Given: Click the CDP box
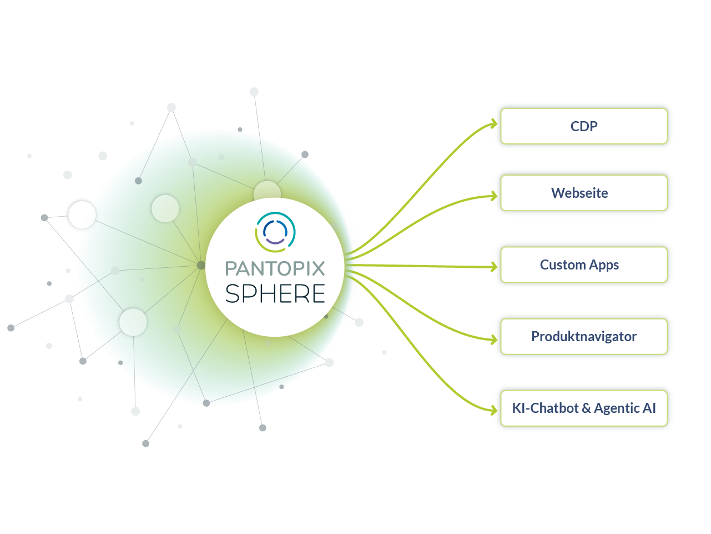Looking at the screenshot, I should (584, 126).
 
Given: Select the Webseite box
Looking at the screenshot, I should (584, 193).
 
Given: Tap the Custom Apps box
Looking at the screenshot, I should (584, 264).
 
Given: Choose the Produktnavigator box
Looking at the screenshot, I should (584, 336).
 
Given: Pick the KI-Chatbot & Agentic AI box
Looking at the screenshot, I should (584, 408).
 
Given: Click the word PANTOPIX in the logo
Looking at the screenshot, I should (275, 268).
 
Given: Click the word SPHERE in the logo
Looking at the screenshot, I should (275, 293).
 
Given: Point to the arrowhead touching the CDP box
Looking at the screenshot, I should (493, 124).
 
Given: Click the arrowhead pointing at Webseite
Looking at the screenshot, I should (493, 196).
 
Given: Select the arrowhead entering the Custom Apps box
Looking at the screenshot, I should (493, 267).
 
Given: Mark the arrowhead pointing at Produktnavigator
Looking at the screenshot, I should (493, 340).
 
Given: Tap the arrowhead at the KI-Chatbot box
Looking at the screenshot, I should (493, 411).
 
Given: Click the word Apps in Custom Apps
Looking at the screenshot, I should (604, 265).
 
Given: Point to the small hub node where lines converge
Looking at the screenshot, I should (201, 265).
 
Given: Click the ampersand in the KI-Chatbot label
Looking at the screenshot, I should (586, 408).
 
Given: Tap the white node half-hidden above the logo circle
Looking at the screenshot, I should (267, 191).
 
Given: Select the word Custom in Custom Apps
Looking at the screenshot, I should (562, 264).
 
